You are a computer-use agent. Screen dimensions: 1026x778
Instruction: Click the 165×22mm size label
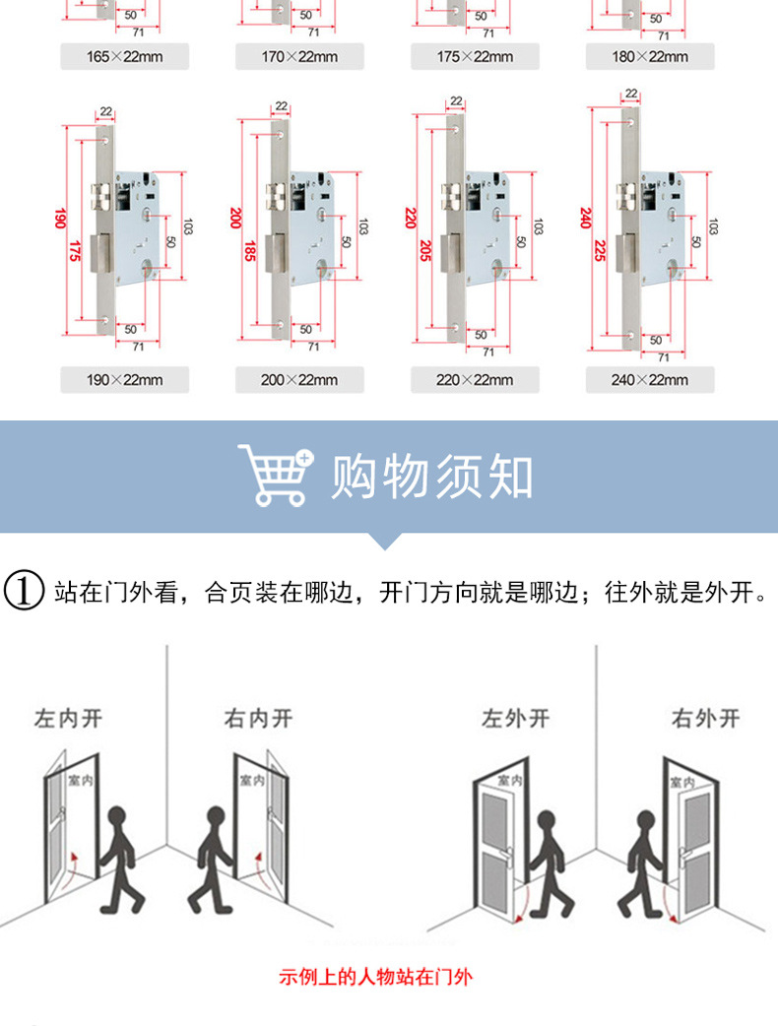pyautogui.click(x=124, y=57)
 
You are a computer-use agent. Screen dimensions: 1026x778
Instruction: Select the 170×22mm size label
pyautogui.click(x=299, y=57)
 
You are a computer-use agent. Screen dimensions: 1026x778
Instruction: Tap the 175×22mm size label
pyautogui.click(x=475, y=57)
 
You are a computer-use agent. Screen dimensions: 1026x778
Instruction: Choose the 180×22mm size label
pyautogui.click(x=650, y=57)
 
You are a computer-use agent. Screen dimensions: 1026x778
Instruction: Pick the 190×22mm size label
pyautogui.click(x=124, y=379)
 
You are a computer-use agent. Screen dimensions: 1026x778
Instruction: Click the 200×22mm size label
pyautogui.click(x=299, y=379)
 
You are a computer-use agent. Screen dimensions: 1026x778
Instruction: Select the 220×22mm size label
pyautogui.click(x=475, y=379)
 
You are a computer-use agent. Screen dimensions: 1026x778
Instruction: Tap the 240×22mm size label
pyautogui.click(x=650, y=379)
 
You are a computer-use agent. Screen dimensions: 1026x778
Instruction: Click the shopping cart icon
pyautogui.click(x=275, y=476)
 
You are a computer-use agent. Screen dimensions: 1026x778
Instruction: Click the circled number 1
pyautogui.click(x=24, y=592)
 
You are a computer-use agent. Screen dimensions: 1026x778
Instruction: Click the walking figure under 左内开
pyautogui.click(x=122, y=857)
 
